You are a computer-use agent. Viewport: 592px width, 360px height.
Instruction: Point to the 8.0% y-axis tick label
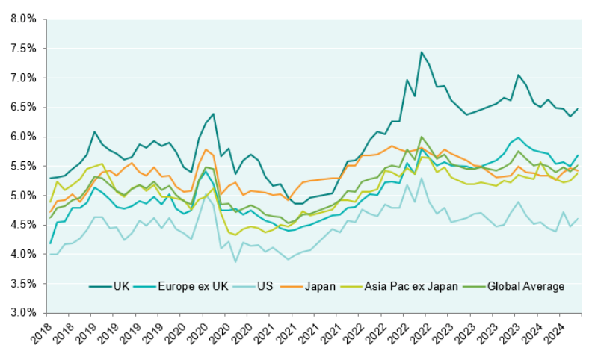click(x=24, y=19)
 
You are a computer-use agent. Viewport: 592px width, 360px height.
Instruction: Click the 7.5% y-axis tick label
click(x=24, y=49)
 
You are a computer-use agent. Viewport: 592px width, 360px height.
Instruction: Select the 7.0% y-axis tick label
click(x=24, y=78)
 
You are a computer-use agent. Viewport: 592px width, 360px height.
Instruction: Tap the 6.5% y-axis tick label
click(x=24, y=107)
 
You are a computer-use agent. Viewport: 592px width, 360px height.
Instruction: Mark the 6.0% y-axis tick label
click(x=24, y=137)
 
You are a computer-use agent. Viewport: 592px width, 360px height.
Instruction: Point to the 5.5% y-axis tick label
click(x=24, y=166)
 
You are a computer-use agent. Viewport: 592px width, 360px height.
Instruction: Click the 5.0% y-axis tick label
click(x=24, y=196)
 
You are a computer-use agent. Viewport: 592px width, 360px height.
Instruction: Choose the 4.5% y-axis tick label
click(x=24, y=225)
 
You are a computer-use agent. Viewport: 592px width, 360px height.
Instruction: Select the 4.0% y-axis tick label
click(x=24, y=255)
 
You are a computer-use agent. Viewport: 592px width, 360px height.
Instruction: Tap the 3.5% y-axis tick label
click(x=24, y=284)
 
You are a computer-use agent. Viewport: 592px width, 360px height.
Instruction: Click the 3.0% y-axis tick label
click(x=24, y=313)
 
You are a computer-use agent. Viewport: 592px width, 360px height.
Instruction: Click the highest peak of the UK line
click(x=422, y=52)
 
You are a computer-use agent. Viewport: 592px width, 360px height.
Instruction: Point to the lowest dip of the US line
click(x=235, y=261)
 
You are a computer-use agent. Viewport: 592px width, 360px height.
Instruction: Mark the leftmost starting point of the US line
click(x=51, y=255)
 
